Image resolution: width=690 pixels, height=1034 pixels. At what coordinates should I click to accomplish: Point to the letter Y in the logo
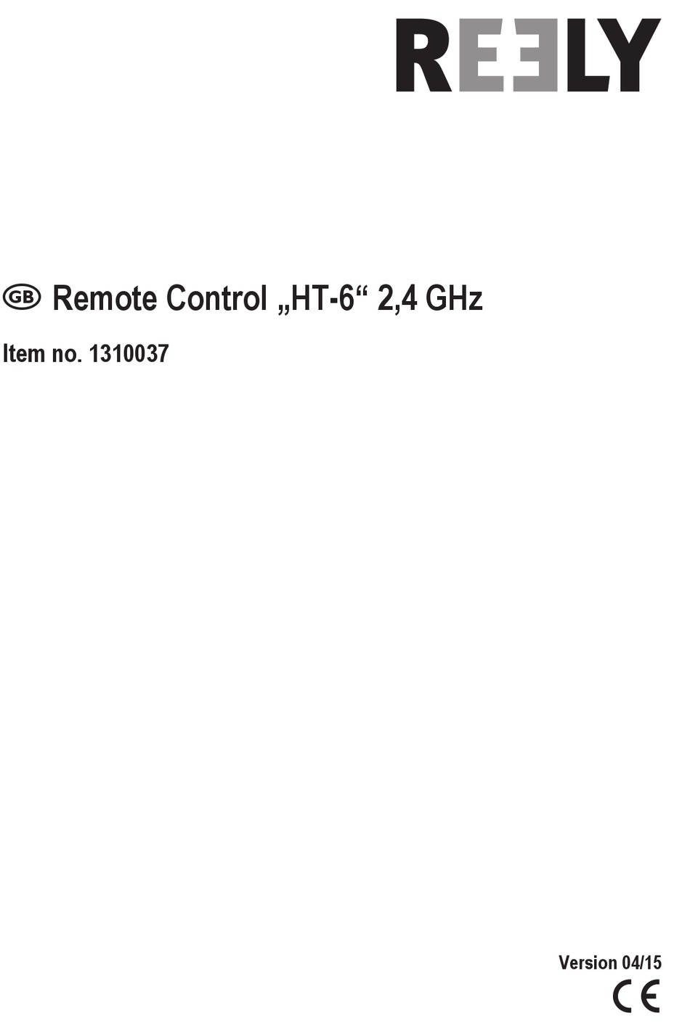click(x=633, y=54)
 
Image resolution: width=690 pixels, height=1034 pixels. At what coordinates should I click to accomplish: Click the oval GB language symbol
click(x=23, y=296)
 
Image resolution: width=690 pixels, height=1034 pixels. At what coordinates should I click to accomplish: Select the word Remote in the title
click(x=104, y=298)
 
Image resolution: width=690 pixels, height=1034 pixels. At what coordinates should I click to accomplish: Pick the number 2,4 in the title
click(x=397, y=298)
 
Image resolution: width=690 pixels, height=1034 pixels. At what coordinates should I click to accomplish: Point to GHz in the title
click(x=454, y=298)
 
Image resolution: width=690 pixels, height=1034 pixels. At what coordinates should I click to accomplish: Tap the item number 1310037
click(x=129, y=354)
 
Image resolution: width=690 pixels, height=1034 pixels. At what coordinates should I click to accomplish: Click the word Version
click(x=588, y=963)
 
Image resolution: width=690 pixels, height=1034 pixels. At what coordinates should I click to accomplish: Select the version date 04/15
click(x=641, y=963)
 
